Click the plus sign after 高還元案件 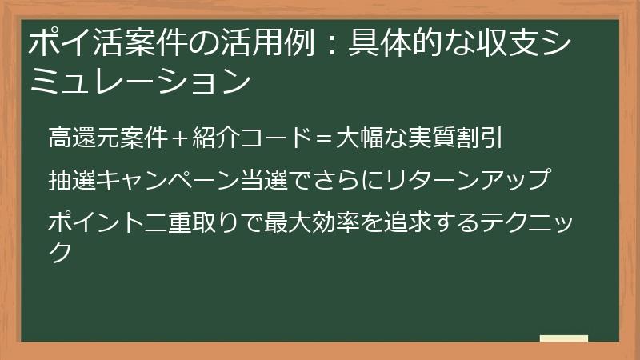pos(178,138)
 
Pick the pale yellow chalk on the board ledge pos(564,338)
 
